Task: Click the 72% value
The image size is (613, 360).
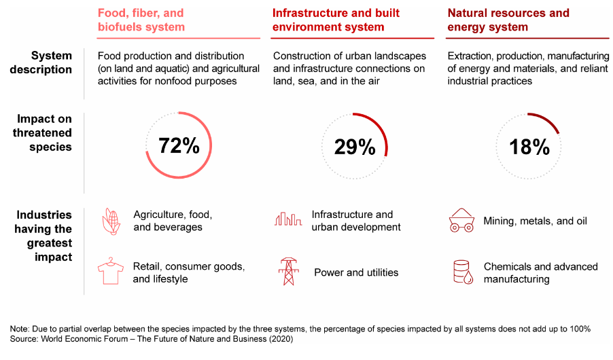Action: click(x=179, y=145)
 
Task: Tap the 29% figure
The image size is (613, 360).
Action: click(x=355, y=146)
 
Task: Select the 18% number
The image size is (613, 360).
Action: click(x=529, y=146)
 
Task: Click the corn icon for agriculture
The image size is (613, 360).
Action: click(x=111, y=221)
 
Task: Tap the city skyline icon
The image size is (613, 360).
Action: click(x=287, y=219)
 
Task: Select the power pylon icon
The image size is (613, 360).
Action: click(x=287, y=272)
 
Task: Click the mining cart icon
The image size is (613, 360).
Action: click(x=461, y=221)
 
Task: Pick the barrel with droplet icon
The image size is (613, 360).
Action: click(x=462, y=272)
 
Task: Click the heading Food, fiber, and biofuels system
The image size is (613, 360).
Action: click(x=141, y=20)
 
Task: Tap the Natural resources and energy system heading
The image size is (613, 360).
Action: click(x=508, y=20)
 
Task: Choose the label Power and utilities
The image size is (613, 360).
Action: click(x=356, y=272)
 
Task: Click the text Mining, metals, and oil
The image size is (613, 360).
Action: click(x=535, y=221)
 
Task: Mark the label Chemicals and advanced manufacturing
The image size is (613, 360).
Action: click(x=540, y=272)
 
